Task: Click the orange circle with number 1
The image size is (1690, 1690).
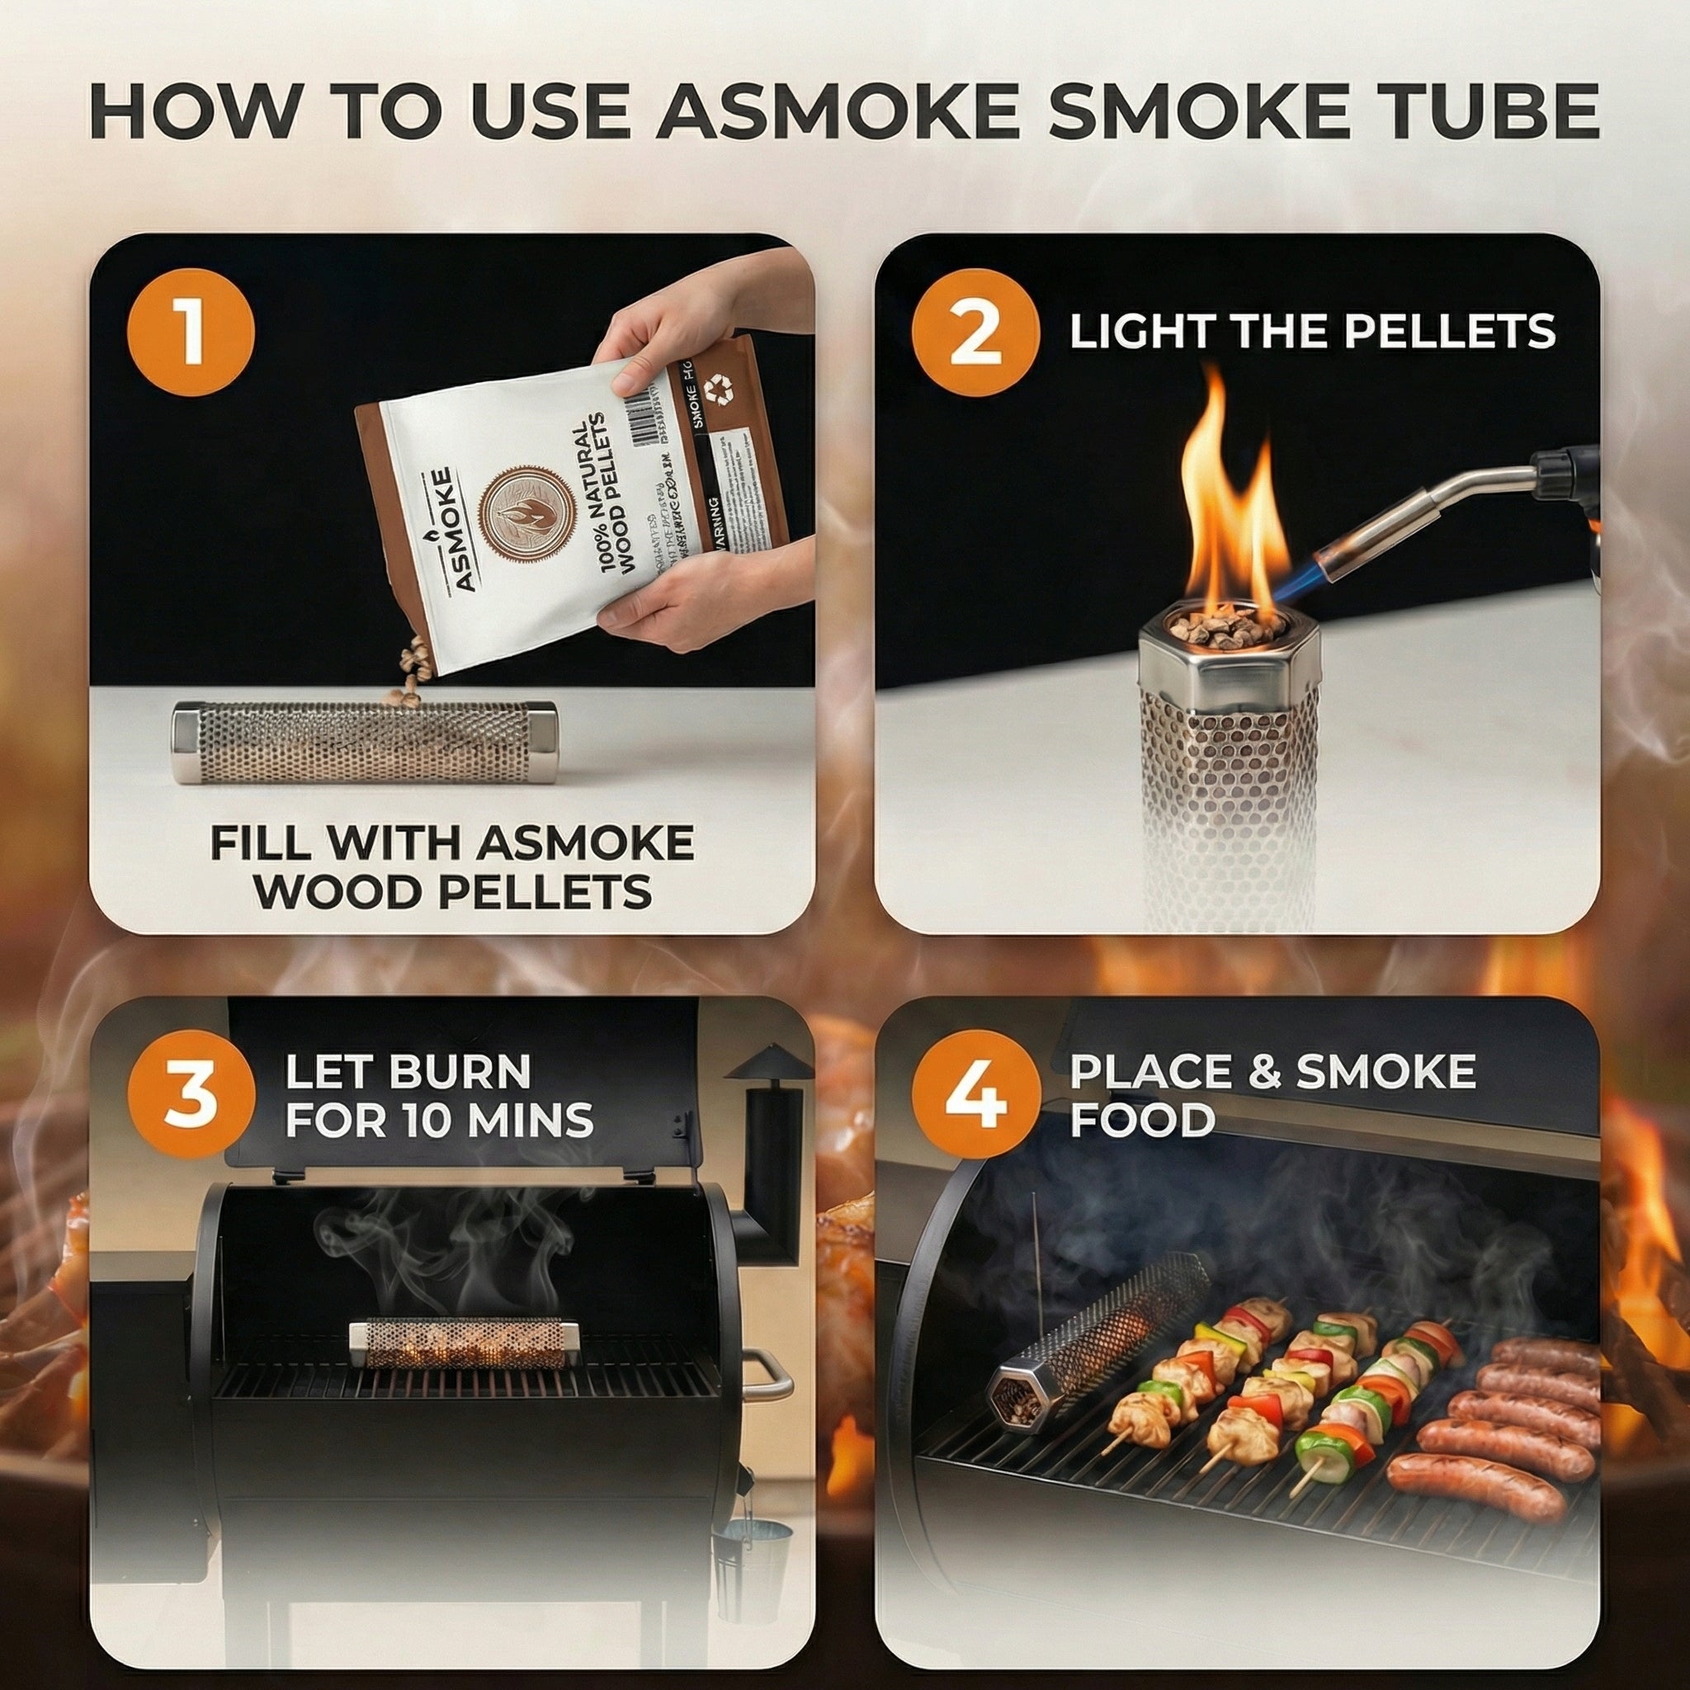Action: (x=191, y=333)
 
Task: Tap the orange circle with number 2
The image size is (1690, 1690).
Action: (x=975, y=333)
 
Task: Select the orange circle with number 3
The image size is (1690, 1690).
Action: (x=191, y=1095)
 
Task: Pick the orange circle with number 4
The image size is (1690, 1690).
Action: (x=975, y=1095)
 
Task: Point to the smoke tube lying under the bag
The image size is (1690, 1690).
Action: (x=364, y=742)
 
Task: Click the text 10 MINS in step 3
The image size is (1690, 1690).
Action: (x=498, y=1121)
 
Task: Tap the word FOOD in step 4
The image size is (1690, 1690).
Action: (x=1141, y=1121)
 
